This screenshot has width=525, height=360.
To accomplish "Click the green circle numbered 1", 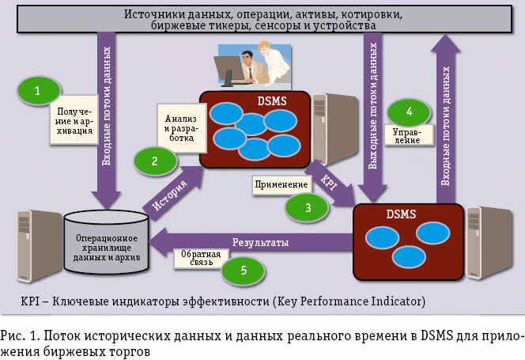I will coord(38,92).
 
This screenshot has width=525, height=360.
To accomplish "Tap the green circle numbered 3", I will coord(308,207).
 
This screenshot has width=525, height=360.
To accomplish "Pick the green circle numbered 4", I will coord(410,110).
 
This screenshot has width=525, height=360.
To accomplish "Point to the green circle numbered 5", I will coord(243,270).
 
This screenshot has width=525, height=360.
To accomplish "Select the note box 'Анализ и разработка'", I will coord(181,127).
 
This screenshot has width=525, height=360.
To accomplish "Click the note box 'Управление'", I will coord(407,135).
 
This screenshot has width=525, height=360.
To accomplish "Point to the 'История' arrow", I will coord(169,193).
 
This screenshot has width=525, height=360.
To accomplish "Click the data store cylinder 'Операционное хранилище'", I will coord(106,240).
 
